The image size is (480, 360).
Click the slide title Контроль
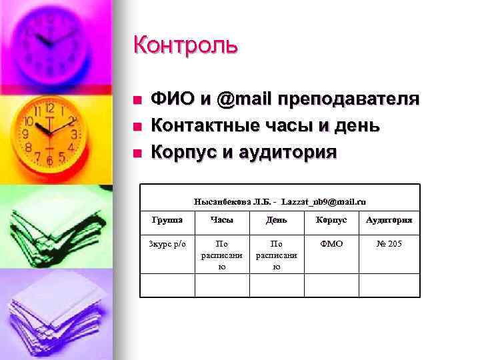pyautogui.click(x=185, y=45)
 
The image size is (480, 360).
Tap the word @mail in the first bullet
pyautogui.click(x=247, y=99)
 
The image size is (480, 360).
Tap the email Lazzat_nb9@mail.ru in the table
pyautogui.click(x=323, y=201)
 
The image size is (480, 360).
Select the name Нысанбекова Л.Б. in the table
pyautogui.click(x=232, y=201)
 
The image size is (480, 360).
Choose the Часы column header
pyautogui.click(x=221, y=219)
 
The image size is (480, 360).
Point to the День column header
pyautogui.click(x=277, y=219)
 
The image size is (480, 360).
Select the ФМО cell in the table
pyautogui.click(x=331, y=244)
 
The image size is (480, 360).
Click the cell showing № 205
pyautogui.click(x=389, y=244)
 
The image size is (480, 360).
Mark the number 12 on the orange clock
pyautogui.click(x=49, y=107)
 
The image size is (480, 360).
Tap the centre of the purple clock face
pyautogui.click(x=50, y=42)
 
